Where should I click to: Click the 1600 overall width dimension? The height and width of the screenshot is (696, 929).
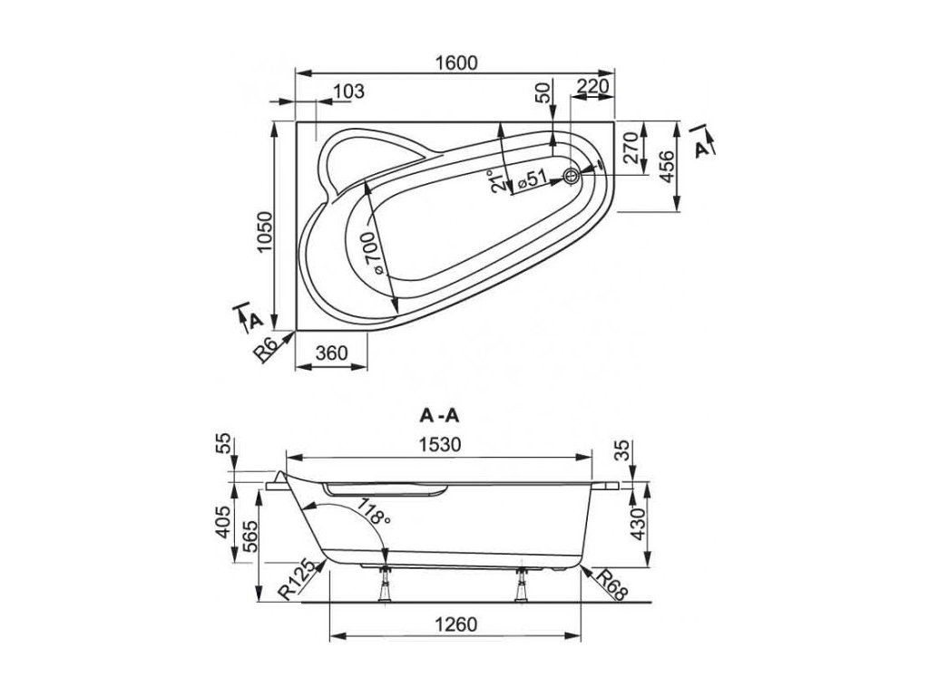455,63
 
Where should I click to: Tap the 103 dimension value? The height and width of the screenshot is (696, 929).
348,92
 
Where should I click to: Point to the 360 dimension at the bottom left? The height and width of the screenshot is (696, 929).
331,353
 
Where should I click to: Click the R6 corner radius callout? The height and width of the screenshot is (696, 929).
265,349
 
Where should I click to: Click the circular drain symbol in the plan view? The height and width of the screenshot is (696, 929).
572,175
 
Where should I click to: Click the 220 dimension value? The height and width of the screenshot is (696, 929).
592,86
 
